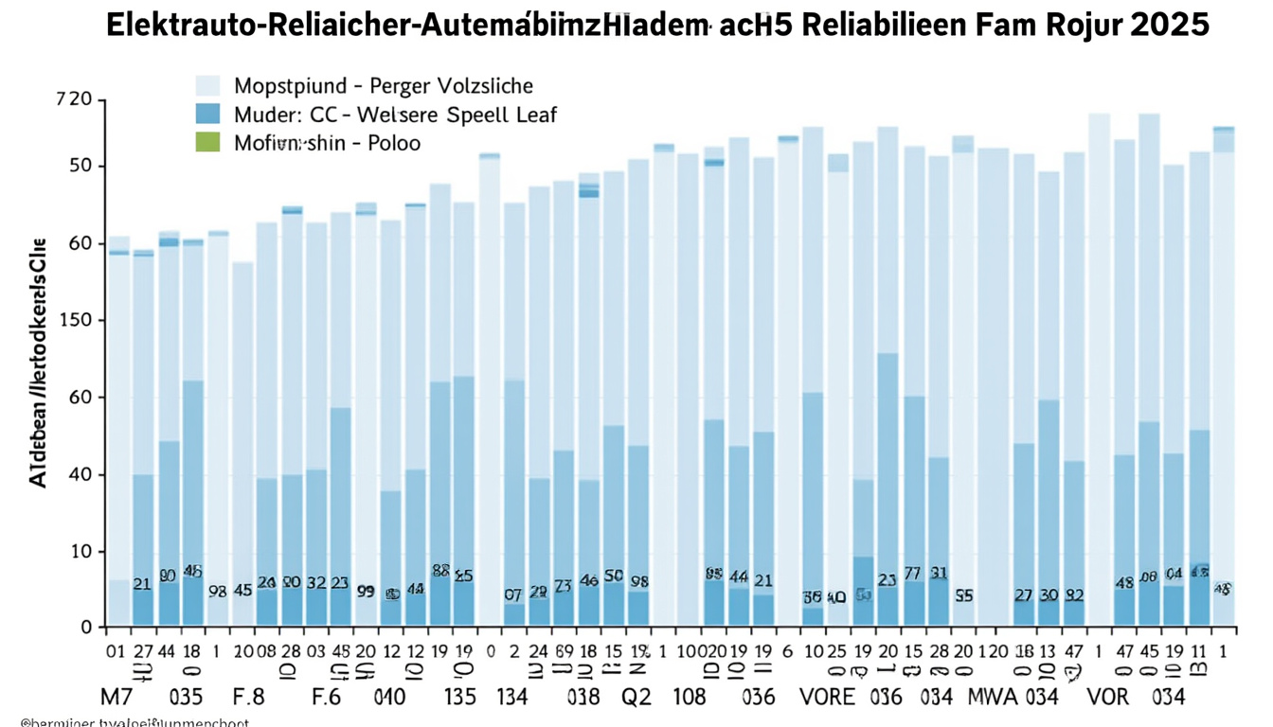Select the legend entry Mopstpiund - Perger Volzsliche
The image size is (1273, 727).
pyautogui.click(x=383, y=86)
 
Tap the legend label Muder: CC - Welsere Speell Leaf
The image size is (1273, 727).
pyautogui.click(x=395, y=115)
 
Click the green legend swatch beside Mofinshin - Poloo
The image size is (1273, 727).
pyautogui.click(x=206, y=143)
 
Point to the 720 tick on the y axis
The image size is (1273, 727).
pyautogui.click(x=75, y=99)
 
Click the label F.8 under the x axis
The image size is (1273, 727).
pyautogui.click(x=247, y=698)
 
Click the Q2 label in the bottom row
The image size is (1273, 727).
pyautogui.click(x=636, y=698)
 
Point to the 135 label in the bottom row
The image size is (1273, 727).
pyautogui.click(x=460, y=698)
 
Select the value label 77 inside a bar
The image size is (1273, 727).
pyautogui.click(x=913, y=574)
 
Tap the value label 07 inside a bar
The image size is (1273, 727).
pyautogui.click(x=513, y=595)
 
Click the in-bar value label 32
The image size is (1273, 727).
pyautogui.click(x=316, y=583)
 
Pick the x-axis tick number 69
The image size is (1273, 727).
pyautogui.click(x=563, y=651)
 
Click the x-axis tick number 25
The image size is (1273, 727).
pyautogui.click(x=837, y=651)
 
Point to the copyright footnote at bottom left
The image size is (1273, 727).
pyautogui.click(x=123, y=722)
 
